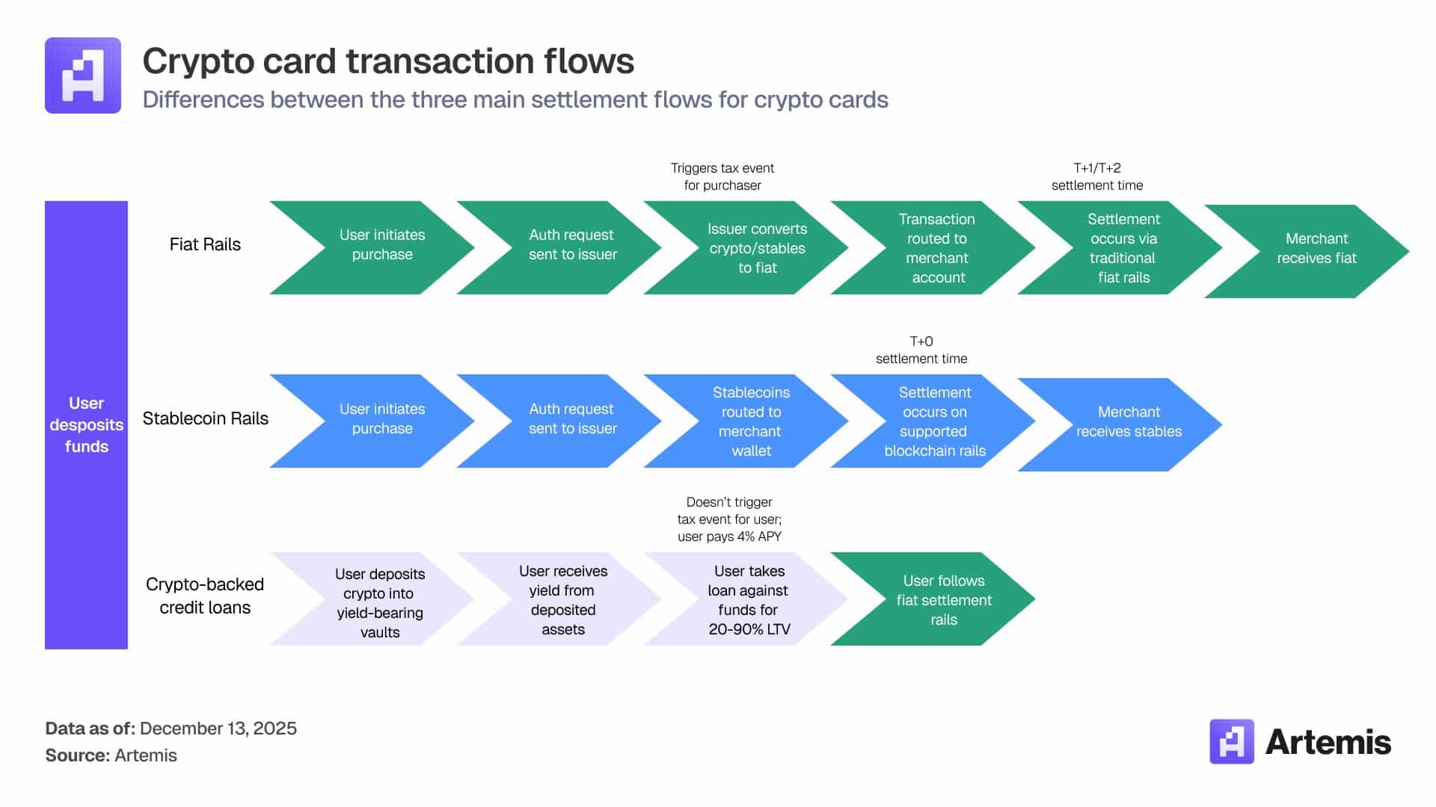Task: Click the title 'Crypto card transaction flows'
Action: coord(387,61)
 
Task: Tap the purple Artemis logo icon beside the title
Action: coord(83,75)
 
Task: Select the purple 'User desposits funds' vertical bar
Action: coord(86,424)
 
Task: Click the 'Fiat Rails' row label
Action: coord(205,244)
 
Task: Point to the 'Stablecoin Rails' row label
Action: coord(205,418)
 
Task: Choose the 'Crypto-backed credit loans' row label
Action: coord(205,596)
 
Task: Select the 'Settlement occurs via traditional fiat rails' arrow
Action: coord(1123,248)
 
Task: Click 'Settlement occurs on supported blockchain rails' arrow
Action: coord(934,421)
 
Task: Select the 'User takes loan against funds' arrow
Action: coord(748,600)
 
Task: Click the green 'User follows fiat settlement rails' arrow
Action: coord(942,600)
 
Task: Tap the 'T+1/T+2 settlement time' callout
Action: coord(1096,176)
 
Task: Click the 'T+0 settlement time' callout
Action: coord(921,350)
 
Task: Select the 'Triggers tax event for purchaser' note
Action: coord(722,176)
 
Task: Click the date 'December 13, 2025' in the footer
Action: coord(218,729)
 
